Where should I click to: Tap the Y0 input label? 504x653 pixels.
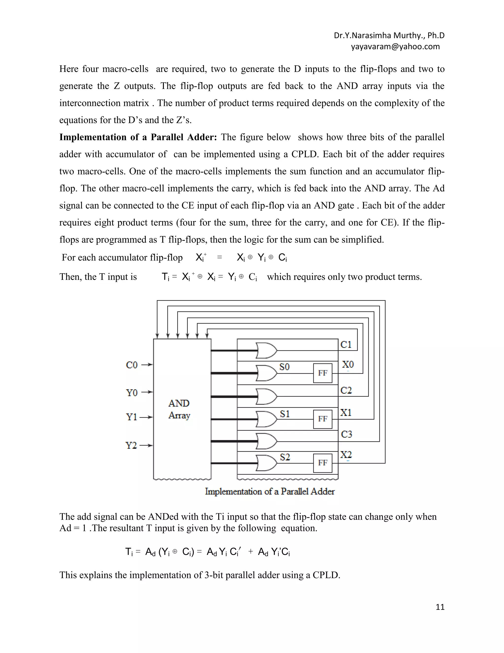tap(132, 392)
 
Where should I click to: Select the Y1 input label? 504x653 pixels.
tap(131, 417)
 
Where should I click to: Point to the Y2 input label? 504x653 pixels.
tap(131, 446)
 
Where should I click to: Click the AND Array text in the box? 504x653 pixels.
tap(179, 409)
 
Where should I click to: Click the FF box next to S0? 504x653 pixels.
tap(322, 373)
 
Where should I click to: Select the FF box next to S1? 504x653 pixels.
tap(322, 419)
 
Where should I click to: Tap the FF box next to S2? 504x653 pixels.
tap(322, 463)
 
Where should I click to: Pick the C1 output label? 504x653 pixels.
tap(346, 344)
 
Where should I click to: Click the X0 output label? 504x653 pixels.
tap(348, 364)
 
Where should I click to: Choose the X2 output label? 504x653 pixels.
tap(346, 455)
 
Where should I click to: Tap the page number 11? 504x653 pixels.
tap(440, 607)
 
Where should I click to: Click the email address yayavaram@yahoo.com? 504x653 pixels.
tap(395, 47)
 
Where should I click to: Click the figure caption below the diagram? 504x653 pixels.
tap(270, 491)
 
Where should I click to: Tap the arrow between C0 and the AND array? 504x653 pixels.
tap(147, 365)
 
